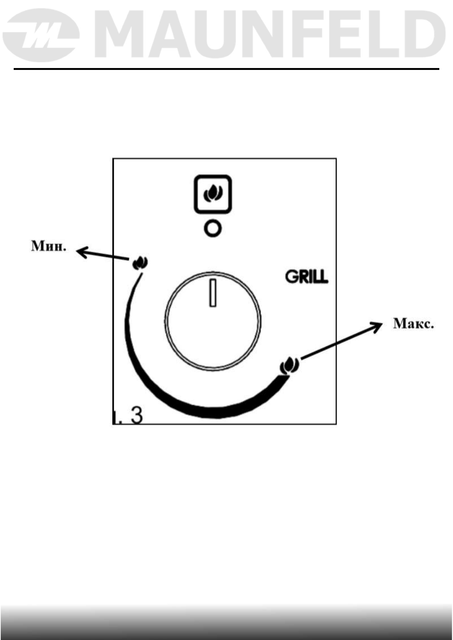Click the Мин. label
coord(48,247)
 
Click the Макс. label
coord(413,324)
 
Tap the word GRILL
coord(307,277)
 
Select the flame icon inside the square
coord(213,193)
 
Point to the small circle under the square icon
coord(213,229)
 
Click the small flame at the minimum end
coord(140,262)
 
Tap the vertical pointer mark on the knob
coord(213,293)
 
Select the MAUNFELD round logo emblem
coord(41,36)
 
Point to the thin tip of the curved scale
coord(140,277)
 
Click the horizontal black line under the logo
coord(226,69)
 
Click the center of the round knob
coord(213,320)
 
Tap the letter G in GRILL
coord(291,277)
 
